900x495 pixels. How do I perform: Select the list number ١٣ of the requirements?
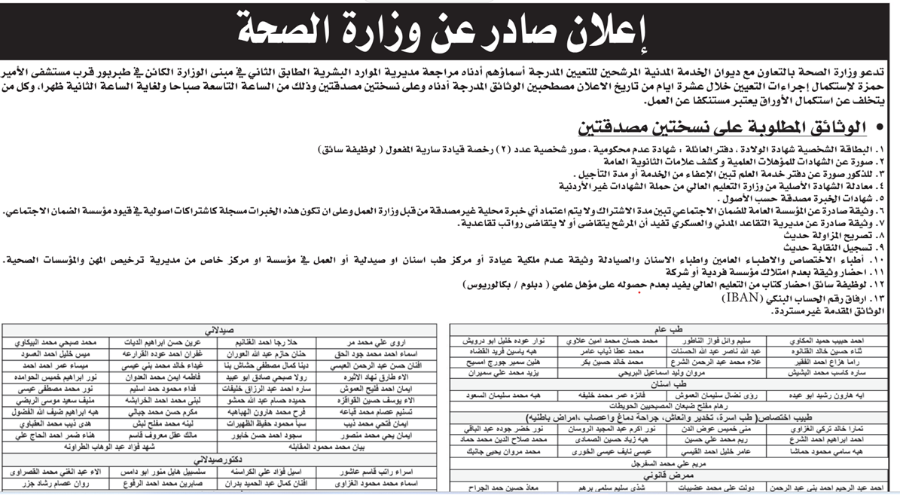[x=888, y=299]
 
